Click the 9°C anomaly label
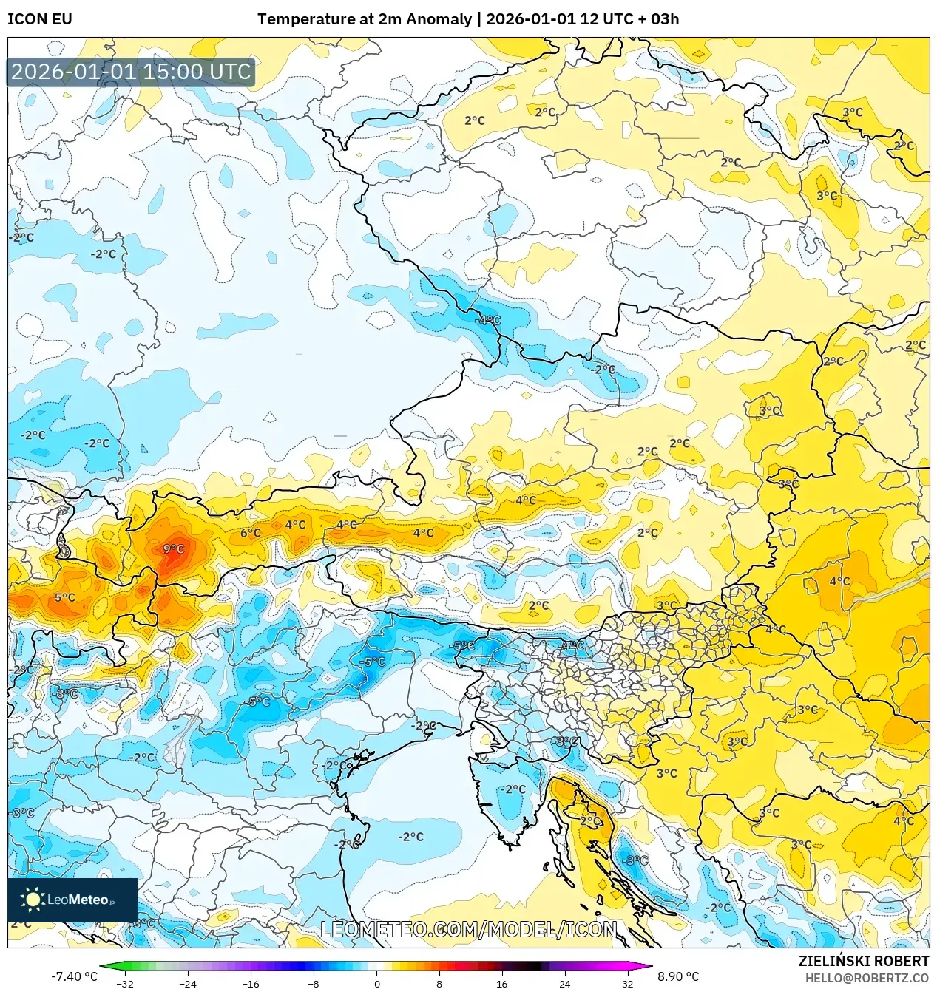point(174,549)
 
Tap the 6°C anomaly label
point(251,533)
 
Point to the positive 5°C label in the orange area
point(65,597)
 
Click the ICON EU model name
point(40,19)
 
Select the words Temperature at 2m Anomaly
point(364,19)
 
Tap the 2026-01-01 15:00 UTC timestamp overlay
point(131,72)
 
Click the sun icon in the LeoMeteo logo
point(33,900)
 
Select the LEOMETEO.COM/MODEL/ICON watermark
point(468,929)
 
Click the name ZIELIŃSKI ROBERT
point(863,961)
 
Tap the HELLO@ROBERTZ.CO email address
point(867,978)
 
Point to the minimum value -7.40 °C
point(74,976)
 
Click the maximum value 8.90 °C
point(678,976)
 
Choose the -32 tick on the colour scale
point(125,984)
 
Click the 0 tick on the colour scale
point(376,984)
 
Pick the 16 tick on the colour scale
point(501,984)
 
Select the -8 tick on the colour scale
point(314,984)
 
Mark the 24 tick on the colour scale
point(564,984)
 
